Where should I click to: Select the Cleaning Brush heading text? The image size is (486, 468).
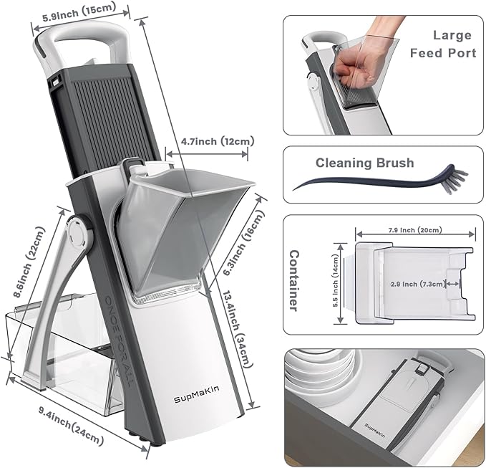tap(364, 163)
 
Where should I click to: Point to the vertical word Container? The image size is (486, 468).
tap(293, 280)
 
